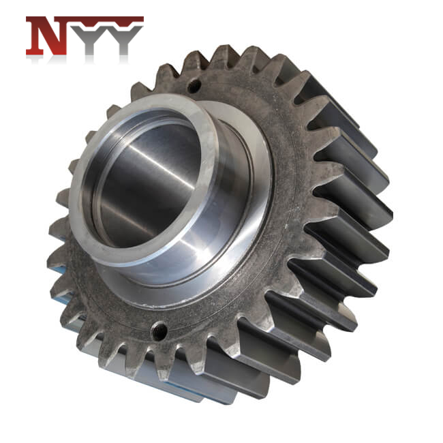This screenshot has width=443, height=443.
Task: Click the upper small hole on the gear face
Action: [x=194, y=87]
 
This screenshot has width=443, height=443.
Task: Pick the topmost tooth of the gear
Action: [x=225, y=55]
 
